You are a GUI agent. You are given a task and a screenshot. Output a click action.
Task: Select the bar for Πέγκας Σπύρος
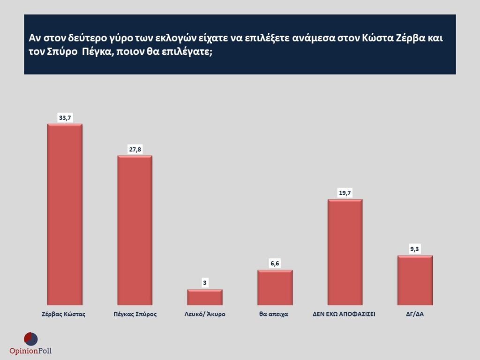[135, 230]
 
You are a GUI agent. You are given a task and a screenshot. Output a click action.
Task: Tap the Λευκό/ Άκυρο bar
[205, 297]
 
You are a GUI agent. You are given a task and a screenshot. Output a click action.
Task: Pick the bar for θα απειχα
[275, 287]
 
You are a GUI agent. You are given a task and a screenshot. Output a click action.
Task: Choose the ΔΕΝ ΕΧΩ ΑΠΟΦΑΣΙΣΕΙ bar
[345, 252]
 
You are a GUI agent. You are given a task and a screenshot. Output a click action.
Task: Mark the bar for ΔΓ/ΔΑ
[415, 280]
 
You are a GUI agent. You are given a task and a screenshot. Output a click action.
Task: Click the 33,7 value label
[65, 118]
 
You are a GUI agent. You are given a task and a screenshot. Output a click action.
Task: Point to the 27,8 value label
[135, 150]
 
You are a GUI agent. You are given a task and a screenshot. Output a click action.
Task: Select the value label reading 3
[205, 283]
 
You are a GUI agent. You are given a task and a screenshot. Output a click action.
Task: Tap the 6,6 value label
[275, 264]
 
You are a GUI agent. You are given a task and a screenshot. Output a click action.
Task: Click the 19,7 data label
[345, 193]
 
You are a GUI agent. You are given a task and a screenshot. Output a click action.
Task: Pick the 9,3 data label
[415, 249]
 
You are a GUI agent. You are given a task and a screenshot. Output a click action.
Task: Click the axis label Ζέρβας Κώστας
[65, 314]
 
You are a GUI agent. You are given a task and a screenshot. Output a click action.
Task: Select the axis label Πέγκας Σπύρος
[135, 314]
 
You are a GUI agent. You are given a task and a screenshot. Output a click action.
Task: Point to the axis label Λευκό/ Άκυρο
[205, 314]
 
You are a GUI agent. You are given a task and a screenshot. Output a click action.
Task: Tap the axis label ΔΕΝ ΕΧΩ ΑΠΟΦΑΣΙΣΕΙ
[345, 314]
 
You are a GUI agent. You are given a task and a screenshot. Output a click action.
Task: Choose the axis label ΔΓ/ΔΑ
[415, 314]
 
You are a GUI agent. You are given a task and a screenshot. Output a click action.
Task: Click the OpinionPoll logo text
[30, 351]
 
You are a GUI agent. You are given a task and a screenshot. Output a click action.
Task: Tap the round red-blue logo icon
[30, 338]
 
